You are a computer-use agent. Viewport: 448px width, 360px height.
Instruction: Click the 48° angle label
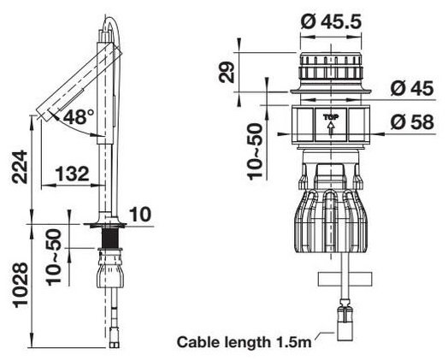pyautogui.click(x=79, y=117)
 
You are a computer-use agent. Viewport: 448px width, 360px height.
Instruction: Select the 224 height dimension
pyautogui.click(x=20, y=167)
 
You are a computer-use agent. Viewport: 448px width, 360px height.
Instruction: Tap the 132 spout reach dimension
pyautogui.click(x=72, y=174)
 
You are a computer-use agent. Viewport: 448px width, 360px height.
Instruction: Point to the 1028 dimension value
pyautogui.click(x=21, y=286)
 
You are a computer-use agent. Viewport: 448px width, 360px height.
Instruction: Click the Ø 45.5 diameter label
pyautogui.click(x=331, y=21)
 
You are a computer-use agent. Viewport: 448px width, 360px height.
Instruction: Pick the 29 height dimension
pyautogui.click(x=227, y=73)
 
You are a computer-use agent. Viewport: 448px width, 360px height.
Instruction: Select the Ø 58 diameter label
pyautogui.click(x=412, y=122)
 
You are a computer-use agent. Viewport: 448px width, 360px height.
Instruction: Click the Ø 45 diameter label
pyautogui.click(x=412, y=88)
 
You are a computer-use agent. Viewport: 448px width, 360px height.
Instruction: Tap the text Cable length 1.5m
pyautogui.click(x=245, y=342)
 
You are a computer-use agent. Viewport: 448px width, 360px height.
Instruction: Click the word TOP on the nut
pyautogui.click(x=331, y=117)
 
